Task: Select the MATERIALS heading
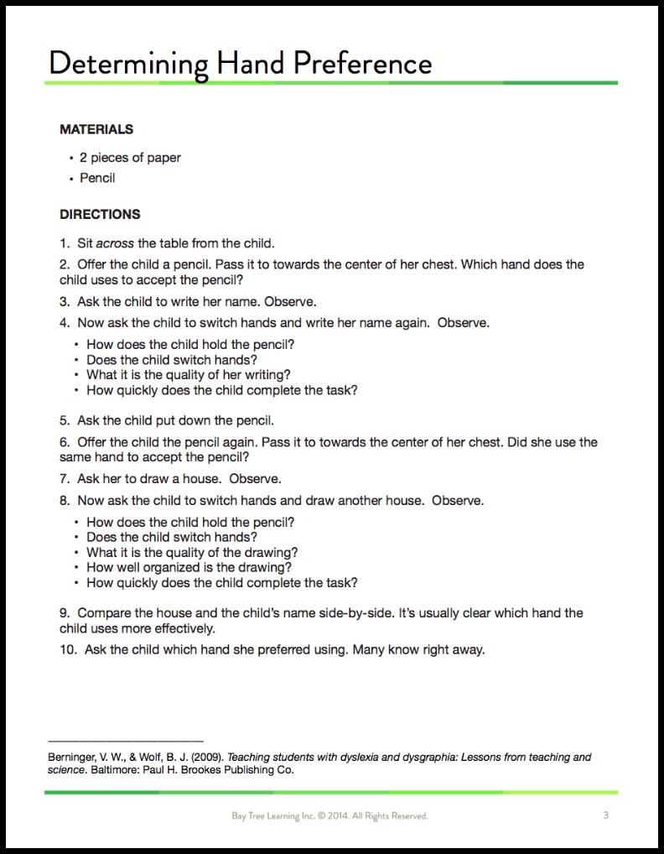coord(96,130)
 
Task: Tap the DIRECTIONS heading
coord(100,214)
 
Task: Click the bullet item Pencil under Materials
coord(97,178)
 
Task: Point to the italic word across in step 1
coord(116,243)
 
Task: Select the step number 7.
coord(64,479)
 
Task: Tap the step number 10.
coord(66,649)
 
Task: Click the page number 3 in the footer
coord(605,815)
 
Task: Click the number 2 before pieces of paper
coord(83,157)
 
